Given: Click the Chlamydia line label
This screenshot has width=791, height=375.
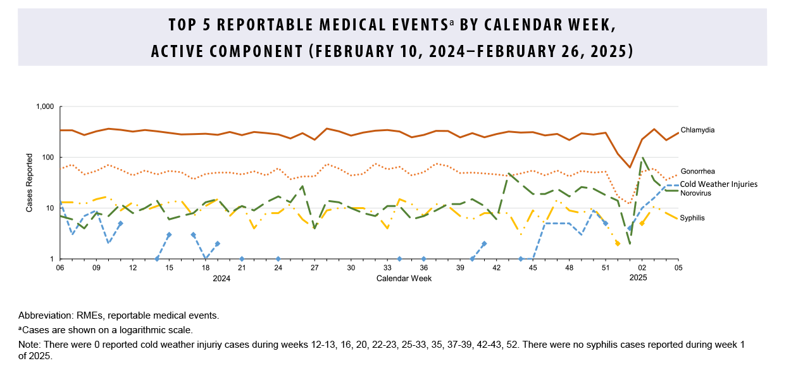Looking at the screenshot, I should (x=698, y=130).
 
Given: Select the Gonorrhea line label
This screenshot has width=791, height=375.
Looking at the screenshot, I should (x=698, y=172).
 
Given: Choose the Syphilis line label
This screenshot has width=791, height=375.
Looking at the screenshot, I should (x=692, y=217).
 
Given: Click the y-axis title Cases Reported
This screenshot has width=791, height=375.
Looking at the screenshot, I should (x=29, y=183).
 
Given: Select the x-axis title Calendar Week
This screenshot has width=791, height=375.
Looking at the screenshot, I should (x=404, y=279).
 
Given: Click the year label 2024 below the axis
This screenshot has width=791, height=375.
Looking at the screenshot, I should (x=221, y=279).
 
